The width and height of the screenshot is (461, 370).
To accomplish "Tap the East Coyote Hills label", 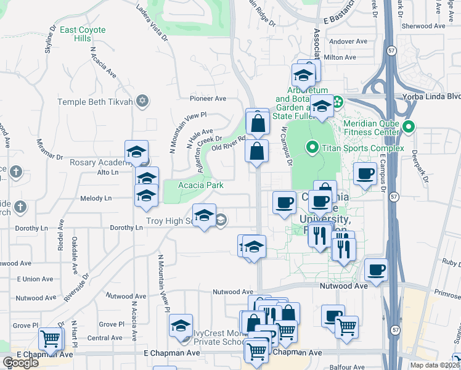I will tap(83, 34).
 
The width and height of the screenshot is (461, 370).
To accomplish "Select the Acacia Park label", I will tap(200, 185).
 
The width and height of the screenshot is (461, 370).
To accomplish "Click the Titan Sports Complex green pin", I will tap(312, 147).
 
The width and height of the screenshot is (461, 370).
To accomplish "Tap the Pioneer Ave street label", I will tap(208, 98).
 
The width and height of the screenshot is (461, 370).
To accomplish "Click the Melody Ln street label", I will tap(96, 198).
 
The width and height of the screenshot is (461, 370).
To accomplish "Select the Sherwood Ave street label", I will tap(423, 26).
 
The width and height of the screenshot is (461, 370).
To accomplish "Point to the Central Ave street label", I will tap(100, 338).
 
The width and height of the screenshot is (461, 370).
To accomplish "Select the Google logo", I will tap(20, 363).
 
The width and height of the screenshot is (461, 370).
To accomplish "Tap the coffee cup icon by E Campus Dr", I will tap(365, 173).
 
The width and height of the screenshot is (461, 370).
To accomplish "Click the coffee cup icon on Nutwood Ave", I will tap(375, 269).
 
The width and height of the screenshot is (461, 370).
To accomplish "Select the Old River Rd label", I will tap(229, 143).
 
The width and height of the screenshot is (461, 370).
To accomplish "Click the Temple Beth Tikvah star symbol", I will tap(142, 101).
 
